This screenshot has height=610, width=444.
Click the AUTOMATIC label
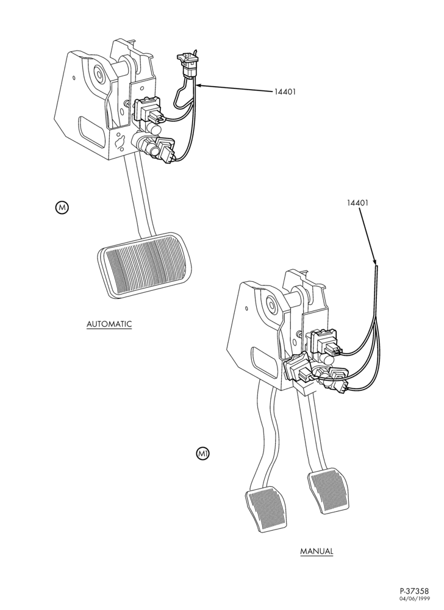click(109, 324)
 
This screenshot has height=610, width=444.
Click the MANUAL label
click(317, 551)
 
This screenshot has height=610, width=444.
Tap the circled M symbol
click(62, 207)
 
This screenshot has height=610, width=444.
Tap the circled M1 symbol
click(202, 453)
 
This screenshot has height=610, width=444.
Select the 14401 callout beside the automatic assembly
click(285, 92)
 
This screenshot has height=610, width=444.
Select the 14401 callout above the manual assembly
click(358, 203)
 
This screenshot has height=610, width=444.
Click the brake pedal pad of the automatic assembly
click(145, 266)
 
